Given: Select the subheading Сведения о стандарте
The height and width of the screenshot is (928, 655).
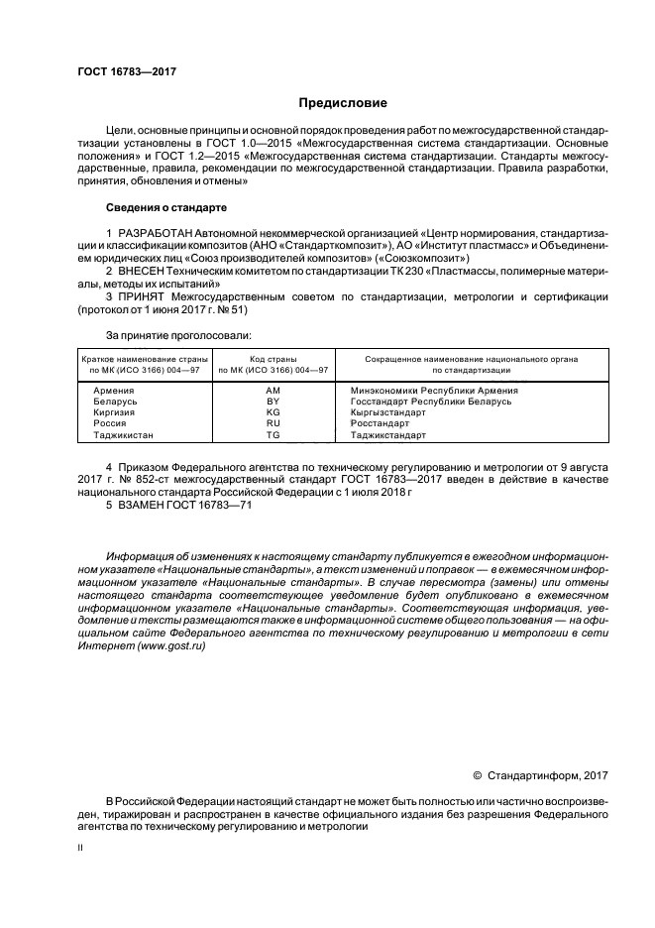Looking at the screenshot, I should click(x=166, y=208).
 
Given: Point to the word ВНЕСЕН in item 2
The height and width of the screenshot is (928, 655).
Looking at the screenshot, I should click(x=143, y=270).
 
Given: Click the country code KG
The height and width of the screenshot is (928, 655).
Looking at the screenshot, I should click(x=273, y=412).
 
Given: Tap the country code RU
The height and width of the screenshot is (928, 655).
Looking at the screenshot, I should click(x=273, y=423).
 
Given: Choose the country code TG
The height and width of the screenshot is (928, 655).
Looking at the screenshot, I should click(x=273, y=434).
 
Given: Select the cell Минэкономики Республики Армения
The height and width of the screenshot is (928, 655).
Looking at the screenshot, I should click(x=427, y=391).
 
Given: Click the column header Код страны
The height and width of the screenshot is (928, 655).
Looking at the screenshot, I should click(x=273, y=358).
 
